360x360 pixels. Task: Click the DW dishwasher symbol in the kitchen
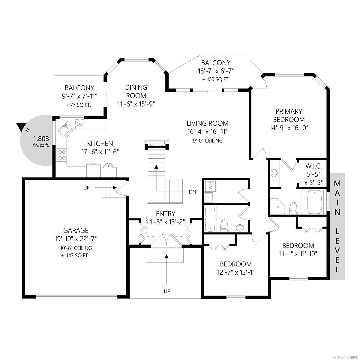coord(80,124)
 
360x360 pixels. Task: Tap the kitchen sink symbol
coord(66,129)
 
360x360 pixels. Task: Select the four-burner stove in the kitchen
coord(62,155)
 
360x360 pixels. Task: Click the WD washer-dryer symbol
coord(210,185)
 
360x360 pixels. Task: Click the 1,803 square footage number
coord(41,139)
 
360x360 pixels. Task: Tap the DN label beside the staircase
coord(192,192)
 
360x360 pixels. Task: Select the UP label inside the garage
coord(86,187)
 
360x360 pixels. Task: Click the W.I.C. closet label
coord(313,166)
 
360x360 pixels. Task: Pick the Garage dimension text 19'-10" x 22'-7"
coord(76,238)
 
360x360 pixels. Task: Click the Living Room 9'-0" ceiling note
coord(208,141)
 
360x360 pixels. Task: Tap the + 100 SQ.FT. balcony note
coord(216,79)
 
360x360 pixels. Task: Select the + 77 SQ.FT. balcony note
coord(79,105)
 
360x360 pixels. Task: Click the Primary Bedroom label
coord(289,115)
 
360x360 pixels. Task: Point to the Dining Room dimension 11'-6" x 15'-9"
coord(136,104)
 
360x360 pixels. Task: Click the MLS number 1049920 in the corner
coord(350,357)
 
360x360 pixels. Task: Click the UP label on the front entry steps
coord(167,291)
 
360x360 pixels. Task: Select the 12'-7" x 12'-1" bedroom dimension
coord(236,272)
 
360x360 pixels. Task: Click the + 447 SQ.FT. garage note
coord(75,255)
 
